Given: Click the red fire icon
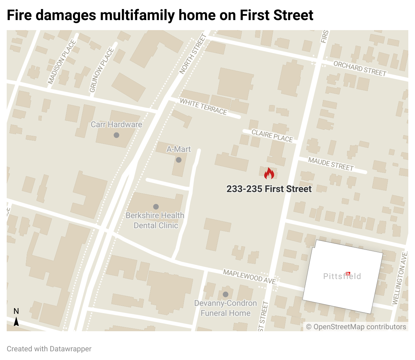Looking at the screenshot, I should coord(269,174).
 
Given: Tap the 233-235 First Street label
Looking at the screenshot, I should coord(269,189).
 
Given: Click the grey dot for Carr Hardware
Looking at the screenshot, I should coord(116,135).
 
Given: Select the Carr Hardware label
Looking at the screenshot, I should coord(116,124).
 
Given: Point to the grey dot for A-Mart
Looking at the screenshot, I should coord(179,160).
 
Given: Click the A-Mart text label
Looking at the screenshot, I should coord(179,149).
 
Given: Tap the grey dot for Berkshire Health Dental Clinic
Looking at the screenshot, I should coord(156,207).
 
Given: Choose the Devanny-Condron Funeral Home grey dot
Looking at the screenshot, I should coord(226,294).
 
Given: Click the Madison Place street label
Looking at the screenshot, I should coord(62,62).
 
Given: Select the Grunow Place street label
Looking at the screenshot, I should coord(102,70).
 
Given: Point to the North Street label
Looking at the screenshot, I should coord(193,54).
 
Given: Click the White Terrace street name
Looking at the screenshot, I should coord(203,106).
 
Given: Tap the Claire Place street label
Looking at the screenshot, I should coord(272,136).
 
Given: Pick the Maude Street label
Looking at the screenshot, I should coord(331,164).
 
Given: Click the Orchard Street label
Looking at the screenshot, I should coord(360,69).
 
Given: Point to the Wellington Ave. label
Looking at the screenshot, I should coord(400,278).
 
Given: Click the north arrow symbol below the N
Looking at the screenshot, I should coord(16,322).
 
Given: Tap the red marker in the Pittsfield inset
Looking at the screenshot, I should coord(348,274).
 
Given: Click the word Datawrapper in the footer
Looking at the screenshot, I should coord(70,349).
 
